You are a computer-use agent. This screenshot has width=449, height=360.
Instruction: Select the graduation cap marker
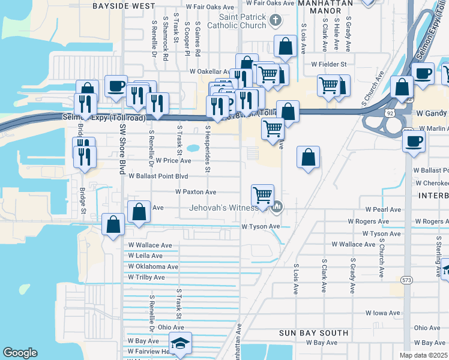pos(179,344)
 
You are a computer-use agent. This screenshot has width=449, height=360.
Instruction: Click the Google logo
pos(20,353)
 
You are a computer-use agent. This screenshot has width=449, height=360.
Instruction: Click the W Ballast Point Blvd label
pos(158,176)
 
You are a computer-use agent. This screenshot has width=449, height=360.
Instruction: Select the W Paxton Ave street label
pos(196,192)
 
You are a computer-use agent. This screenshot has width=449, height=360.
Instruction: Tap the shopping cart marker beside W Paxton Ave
pos(262,195)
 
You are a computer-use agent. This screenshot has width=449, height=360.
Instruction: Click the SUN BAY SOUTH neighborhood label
pos(314,332)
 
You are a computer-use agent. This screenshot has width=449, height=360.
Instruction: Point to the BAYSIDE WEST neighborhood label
pos(124,5)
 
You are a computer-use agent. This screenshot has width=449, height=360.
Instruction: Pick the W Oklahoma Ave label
pos(153,266)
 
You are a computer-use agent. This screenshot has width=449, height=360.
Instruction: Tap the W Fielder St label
pos(329,64)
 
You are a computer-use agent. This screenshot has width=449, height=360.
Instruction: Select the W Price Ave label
pos(173,161)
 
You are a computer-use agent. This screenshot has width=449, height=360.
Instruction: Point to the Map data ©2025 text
pos(423,355)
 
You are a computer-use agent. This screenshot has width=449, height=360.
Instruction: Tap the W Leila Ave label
pos(145,256)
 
